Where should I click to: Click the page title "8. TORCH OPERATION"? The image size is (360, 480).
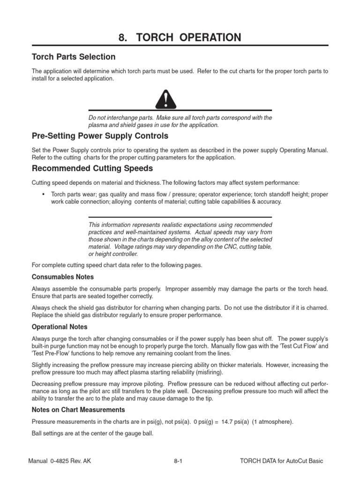[180, 37]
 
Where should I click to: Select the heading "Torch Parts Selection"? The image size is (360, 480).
[73, 57]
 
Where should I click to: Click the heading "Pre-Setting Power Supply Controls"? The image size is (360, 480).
[99, 136]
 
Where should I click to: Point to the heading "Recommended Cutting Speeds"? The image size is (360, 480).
[92, 168]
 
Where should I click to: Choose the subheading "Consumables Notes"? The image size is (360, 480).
[62, 277]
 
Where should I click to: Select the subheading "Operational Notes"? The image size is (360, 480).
[59, 327]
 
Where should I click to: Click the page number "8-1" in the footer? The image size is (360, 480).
[178, 461]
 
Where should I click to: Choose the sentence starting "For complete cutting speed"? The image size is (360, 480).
[117, 265]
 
